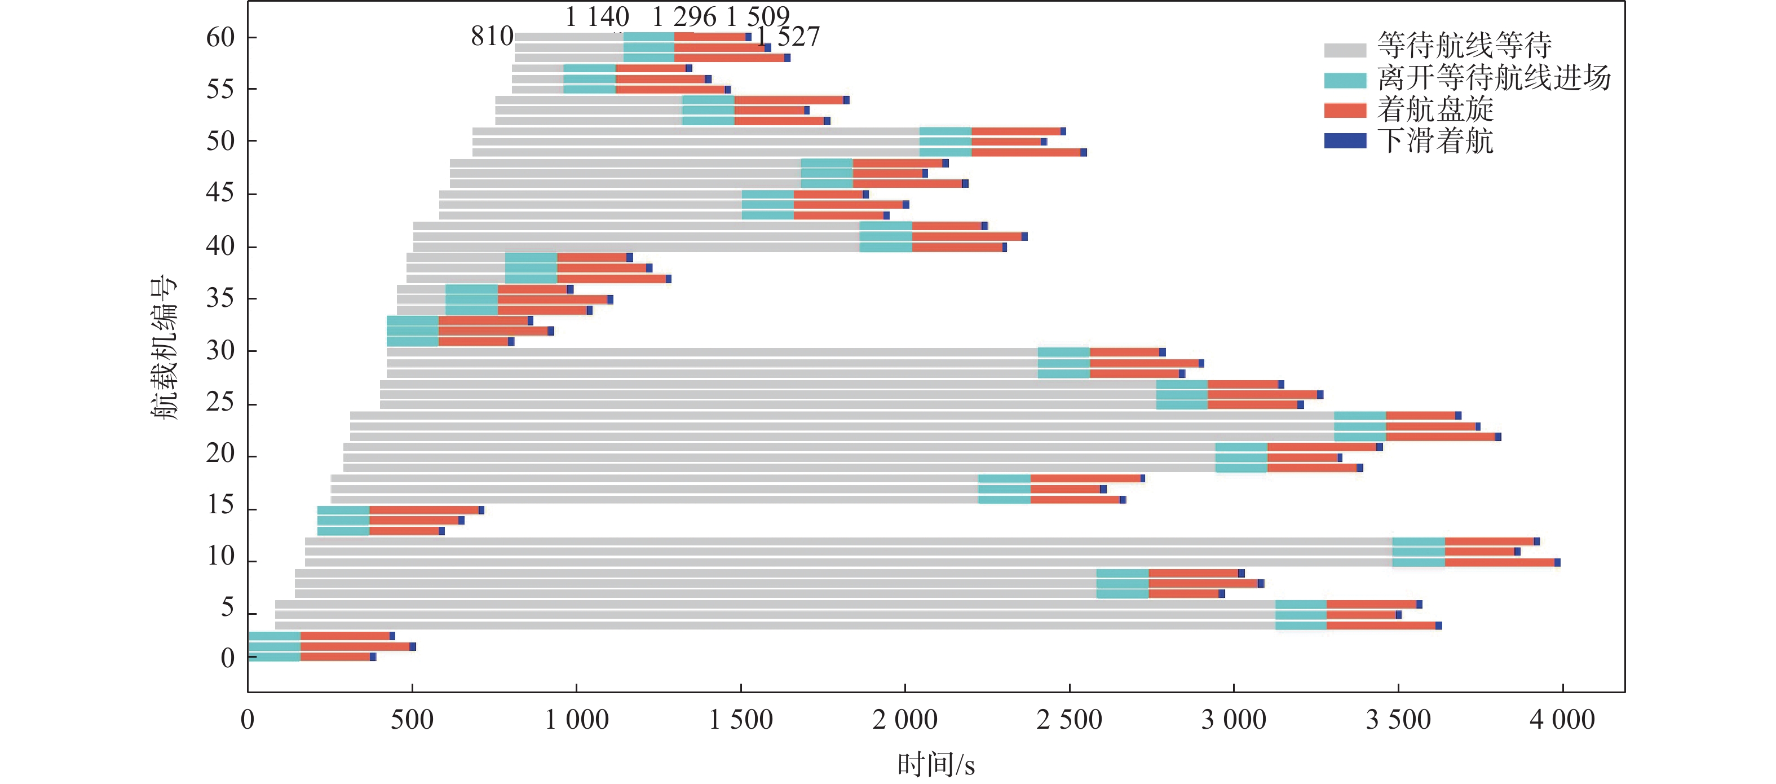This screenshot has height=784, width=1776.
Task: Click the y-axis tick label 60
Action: tap(220, 37)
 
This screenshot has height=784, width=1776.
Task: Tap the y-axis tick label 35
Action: tap(220, 298)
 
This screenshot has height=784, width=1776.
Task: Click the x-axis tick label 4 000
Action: tap(1562, 720)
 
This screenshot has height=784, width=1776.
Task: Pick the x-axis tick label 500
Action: tap(412, 720)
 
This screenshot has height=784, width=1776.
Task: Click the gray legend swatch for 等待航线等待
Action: tap(1345, 50)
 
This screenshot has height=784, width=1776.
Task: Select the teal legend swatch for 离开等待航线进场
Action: tap(1345, 80)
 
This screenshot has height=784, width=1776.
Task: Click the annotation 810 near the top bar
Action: tap(492, 37)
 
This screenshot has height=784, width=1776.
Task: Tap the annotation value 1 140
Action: tap(597, 16)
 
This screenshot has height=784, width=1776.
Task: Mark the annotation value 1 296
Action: tap(684, 16)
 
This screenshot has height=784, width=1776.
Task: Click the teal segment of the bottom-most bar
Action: tap(275, 657)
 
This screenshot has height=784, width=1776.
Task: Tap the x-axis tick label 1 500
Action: tap(740, 720)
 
